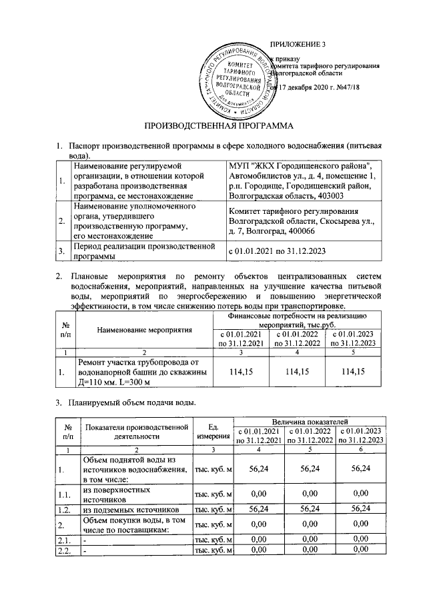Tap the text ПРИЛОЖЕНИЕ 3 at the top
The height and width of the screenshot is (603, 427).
[296, 45]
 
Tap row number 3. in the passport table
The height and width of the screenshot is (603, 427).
[61, 252]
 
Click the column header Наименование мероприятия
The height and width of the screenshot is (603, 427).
[144, 329]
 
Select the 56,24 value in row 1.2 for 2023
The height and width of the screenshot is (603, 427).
[361, 510]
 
